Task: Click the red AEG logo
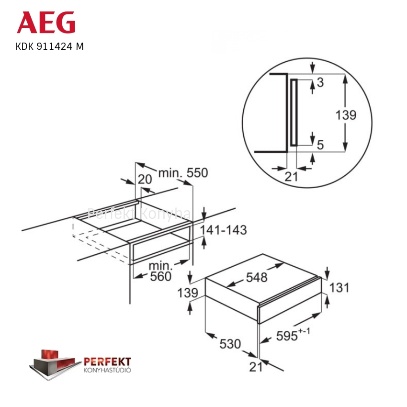tap(46, 23)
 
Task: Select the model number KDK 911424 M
tap(50, 46)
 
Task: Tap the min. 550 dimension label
tap(183, 173)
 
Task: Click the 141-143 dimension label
tap(223, 230)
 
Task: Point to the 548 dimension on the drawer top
tap(257, 277)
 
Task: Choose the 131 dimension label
tap(339, 288)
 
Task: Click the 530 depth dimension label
tap(230, 344)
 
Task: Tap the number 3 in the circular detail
tap(320, 82)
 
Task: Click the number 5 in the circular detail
tap(320, 145)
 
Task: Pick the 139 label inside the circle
tap(346, 115)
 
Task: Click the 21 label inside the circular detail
tap(291, 177)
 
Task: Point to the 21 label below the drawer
tap(256, 367)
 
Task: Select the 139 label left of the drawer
tap(188, 293)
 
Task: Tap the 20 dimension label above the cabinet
tap(145, 180)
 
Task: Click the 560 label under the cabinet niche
tap(161, 276)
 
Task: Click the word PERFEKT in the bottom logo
tap(107, 362)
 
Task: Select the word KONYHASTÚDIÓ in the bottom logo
tap(107, 370)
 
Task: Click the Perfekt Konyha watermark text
tap(139, 214)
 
